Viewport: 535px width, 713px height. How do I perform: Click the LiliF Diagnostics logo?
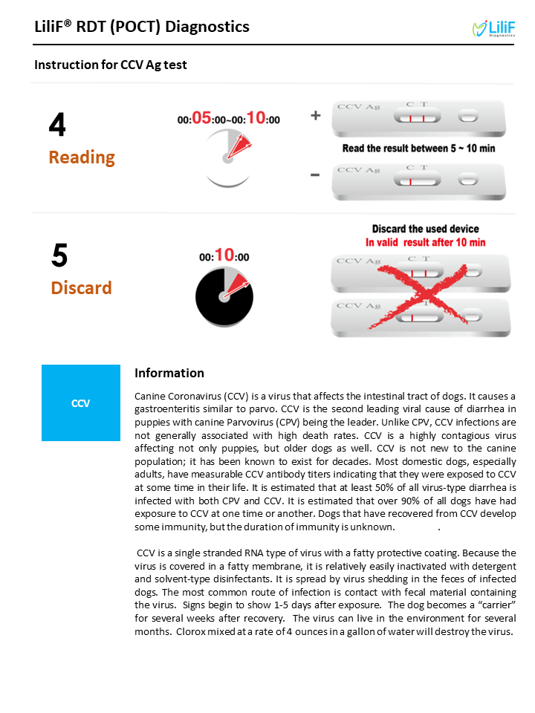[x=493, y=28]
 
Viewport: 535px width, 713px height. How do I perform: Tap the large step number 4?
[x=57, y=124]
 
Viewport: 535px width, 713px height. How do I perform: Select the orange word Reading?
[x=82, y=157]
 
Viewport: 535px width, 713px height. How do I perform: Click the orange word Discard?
[x=82, y=288]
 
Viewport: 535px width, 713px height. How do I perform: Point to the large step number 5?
[x=59, y=255]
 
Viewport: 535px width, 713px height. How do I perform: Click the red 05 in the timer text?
[x=201, y=118]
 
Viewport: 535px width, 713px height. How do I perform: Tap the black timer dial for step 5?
[x=224, y=296]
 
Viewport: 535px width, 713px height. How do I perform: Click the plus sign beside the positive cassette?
[x=316, y=116]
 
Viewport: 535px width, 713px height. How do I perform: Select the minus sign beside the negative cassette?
[x=315, y=175]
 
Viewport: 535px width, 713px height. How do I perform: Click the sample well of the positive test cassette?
[x=468, y=117]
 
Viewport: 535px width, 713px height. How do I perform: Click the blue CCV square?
[x=81, y=403]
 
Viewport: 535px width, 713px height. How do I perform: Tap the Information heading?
[x=169, y=373]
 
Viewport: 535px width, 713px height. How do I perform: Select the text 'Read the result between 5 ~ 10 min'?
[x=418, y=149]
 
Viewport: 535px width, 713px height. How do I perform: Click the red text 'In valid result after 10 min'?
[x=425, y=242]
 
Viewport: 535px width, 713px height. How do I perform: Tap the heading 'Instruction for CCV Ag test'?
[x=111, y=65]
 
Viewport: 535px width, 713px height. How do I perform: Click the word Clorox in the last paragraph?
[x=191, y=631]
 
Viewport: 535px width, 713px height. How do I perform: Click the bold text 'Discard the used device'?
[x=425, y=229]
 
